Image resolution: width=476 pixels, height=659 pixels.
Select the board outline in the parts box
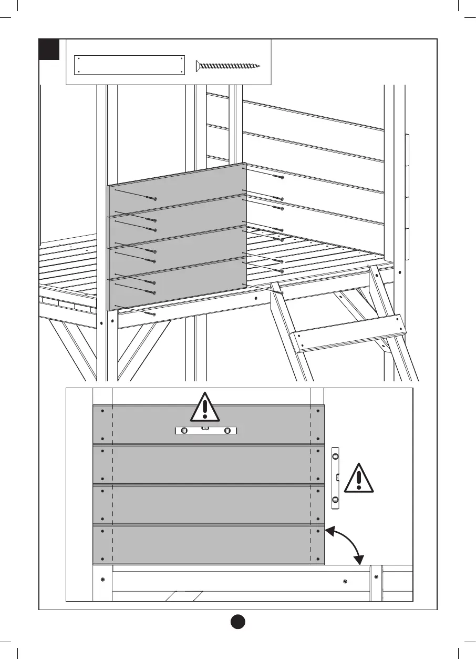tap(130, 65)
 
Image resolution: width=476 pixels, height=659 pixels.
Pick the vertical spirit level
tap(336, 479)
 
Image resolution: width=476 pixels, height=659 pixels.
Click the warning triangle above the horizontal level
tap(205, 407)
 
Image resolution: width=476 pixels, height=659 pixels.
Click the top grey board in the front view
tap(209, 425)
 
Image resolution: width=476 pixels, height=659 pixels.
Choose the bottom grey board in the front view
tap(209, 544)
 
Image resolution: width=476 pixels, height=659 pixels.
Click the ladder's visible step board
tap(349, 332)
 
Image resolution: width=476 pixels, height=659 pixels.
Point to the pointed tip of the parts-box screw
tap(260, 66)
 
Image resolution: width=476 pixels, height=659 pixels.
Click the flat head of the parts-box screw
tap(198, 66)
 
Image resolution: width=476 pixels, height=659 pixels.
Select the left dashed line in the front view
tap(112, 484)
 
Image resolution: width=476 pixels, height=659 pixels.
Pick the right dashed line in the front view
tap(311, 484)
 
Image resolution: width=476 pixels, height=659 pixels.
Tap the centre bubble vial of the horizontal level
tap(205, 430)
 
